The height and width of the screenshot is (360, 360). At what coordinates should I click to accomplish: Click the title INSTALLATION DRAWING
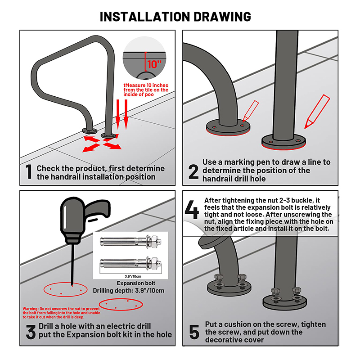click(175, 17)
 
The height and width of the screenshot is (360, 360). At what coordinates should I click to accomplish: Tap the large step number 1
click(29, 171)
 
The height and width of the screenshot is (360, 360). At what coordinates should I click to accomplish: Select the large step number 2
click(193, 171)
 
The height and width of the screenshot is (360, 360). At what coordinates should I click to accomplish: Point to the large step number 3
click(31, 332)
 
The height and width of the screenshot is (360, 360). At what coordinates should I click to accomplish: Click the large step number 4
click(192, 210)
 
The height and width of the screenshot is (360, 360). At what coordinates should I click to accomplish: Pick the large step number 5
click(194, 332)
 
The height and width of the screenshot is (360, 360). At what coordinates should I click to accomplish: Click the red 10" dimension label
click(154, 64)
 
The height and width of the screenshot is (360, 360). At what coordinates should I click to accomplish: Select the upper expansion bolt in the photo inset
click(130, 241)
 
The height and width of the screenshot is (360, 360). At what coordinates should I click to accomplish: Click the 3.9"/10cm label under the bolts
click(133, 276)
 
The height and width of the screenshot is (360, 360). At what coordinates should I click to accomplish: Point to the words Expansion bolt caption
click(136, 283)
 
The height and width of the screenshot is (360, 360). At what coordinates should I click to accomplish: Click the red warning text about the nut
click(61, 313)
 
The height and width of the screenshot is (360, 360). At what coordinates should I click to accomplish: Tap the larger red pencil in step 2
click(317, 111)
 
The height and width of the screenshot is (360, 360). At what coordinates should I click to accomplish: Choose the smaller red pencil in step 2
click(251, 111)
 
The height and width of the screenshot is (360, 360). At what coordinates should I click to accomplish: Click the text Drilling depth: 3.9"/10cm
click(129, 291)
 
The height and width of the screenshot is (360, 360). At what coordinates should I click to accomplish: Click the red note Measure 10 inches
click(146, 90)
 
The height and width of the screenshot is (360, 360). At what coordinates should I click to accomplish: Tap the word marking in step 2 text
click(239, 162)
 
